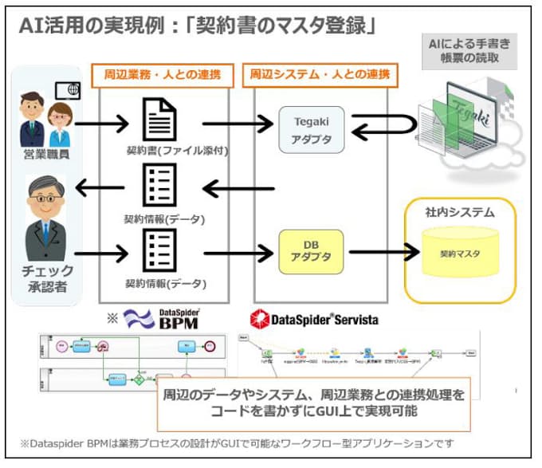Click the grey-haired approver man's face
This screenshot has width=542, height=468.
47,196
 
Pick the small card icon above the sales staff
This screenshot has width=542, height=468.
67,89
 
